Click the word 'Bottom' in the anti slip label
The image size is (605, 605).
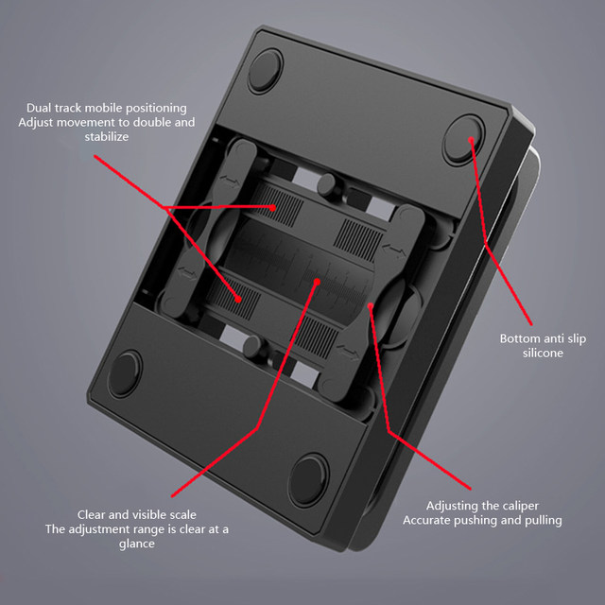(x=520, y=338)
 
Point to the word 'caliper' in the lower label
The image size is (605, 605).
(x=518, y=506)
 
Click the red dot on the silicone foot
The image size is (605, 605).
(x=471, y=138)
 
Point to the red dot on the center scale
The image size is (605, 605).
(x=318, y=281)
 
